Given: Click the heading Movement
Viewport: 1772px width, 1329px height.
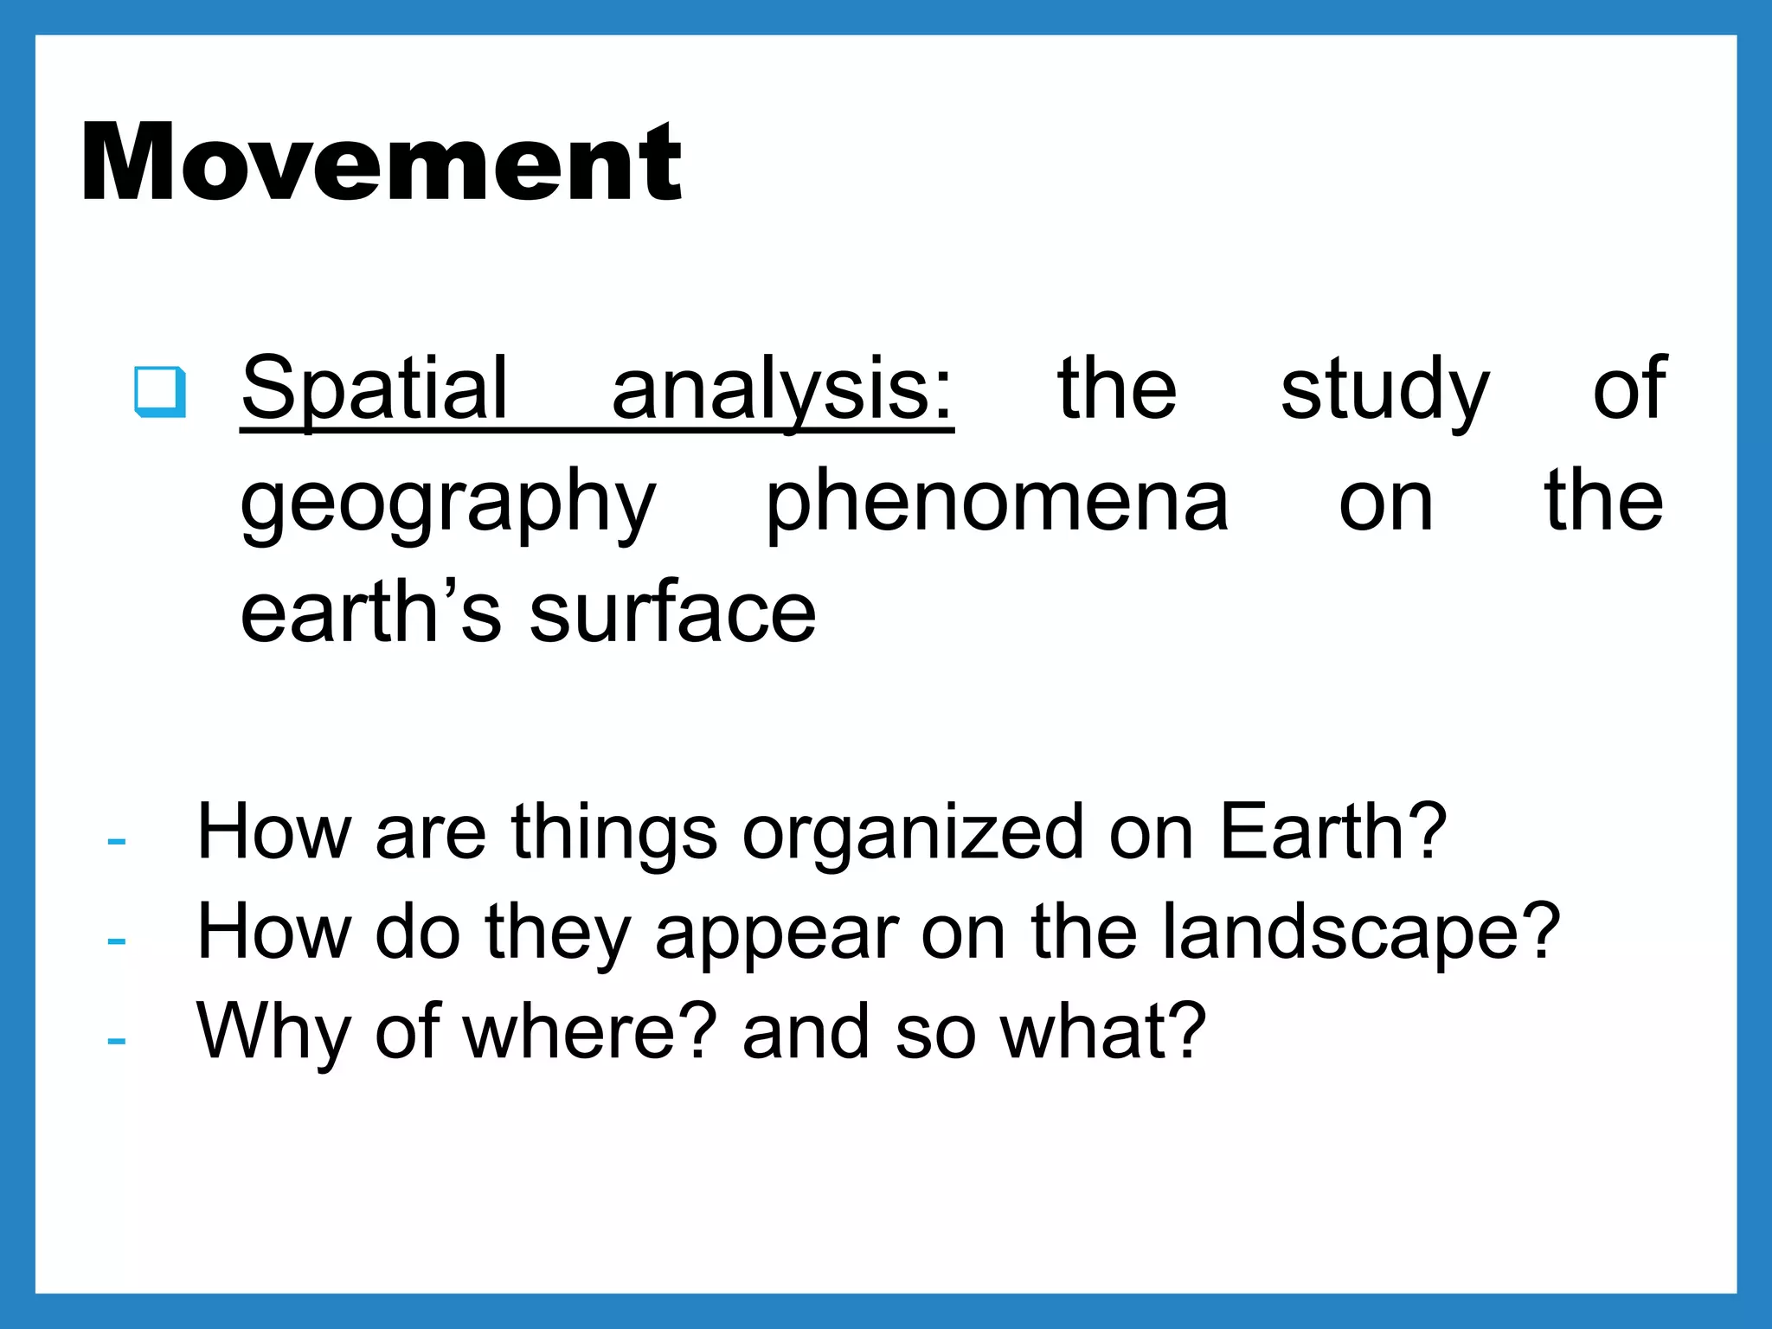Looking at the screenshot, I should coord(382,162).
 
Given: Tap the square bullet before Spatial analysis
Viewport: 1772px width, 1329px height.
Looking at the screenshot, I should coord(160,392).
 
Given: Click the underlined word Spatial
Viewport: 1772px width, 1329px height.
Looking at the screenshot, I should coord(375,388).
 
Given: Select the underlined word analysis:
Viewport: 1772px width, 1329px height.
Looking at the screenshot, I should coord(782,388).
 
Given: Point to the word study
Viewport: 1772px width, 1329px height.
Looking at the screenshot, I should coord(1385,388).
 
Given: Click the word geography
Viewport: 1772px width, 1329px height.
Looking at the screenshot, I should coord(448,502).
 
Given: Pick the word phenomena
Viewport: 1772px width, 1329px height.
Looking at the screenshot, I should coord(997,502).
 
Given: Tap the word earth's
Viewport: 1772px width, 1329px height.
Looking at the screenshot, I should coord(370,612).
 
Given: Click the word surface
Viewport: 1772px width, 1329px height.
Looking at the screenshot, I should coord(672,612).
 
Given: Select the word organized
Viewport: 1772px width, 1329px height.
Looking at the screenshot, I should coord(913,832).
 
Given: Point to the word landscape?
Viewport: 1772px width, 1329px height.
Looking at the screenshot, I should coord(1360,932).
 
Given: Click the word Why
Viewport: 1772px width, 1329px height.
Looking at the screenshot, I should coord(273,1031).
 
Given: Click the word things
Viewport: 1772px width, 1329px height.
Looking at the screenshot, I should coord(613,832).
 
